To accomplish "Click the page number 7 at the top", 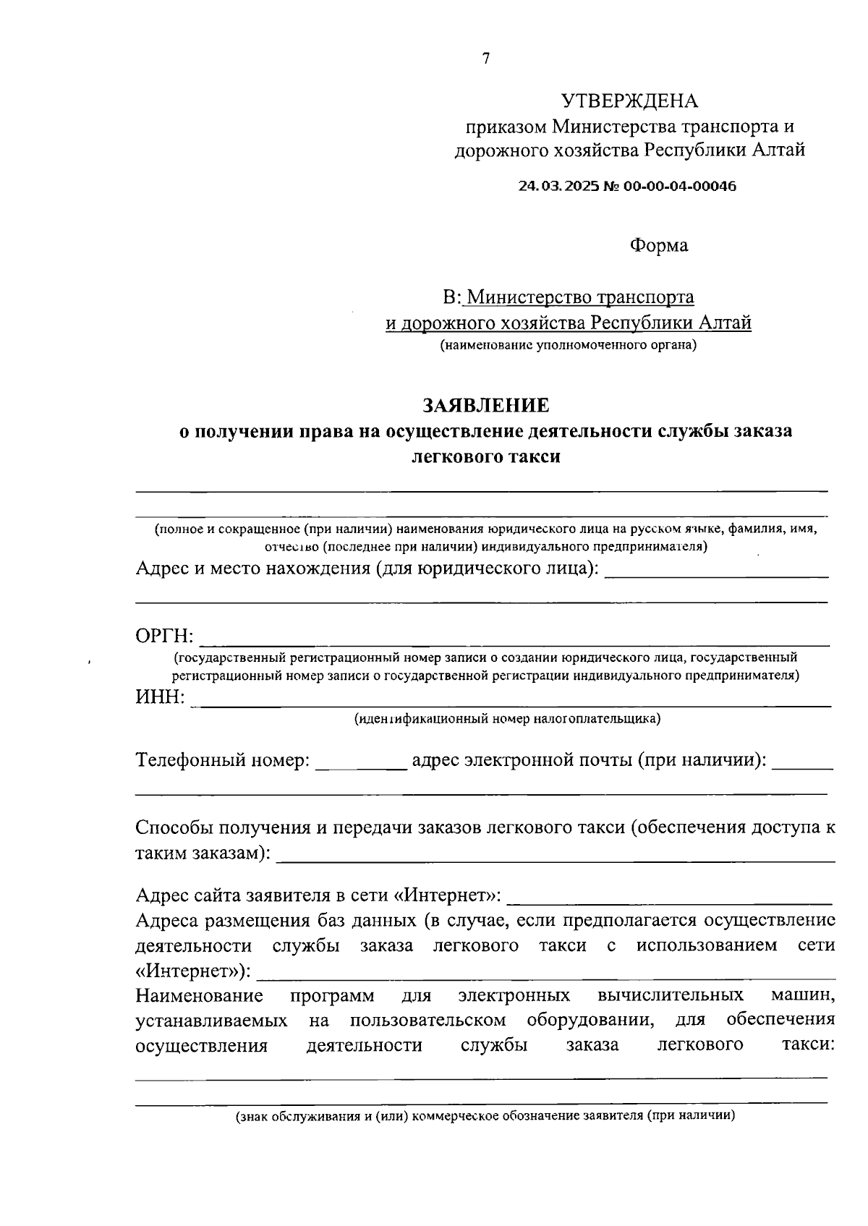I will pyautogui.click(x=485, y=59).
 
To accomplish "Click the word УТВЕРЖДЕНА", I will pyautogui.click(x=629, y=101).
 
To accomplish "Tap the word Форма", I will pyautogui.click(x=659, y=245).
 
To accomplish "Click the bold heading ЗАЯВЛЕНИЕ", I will pyautogui.click(x=485, y=404).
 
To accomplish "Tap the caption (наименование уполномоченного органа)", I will pyautogui.click(x=569, y=345).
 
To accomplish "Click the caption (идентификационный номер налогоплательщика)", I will pyautogui.click(x=507, y=719).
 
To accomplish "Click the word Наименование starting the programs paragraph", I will pyautogui.click(x=200, y=996).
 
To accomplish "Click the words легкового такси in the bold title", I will pyautogui.click(x=485, y=457).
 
